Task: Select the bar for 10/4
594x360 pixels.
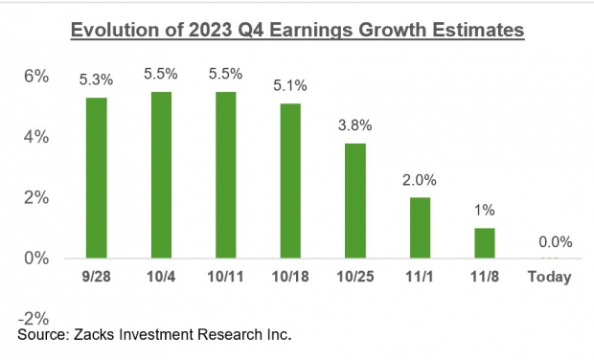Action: [x=160, y=175]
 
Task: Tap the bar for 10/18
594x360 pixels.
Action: [x=291, y=181]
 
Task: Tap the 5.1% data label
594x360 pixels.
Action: [x=291, y=87]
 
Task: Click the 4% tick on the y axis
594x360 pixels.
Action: [x=35, y=137]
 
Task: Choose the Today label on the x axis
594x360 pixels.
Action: [x=550, y=278]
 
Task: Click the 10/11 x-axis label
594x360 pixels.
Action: [x=226, y=278]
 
